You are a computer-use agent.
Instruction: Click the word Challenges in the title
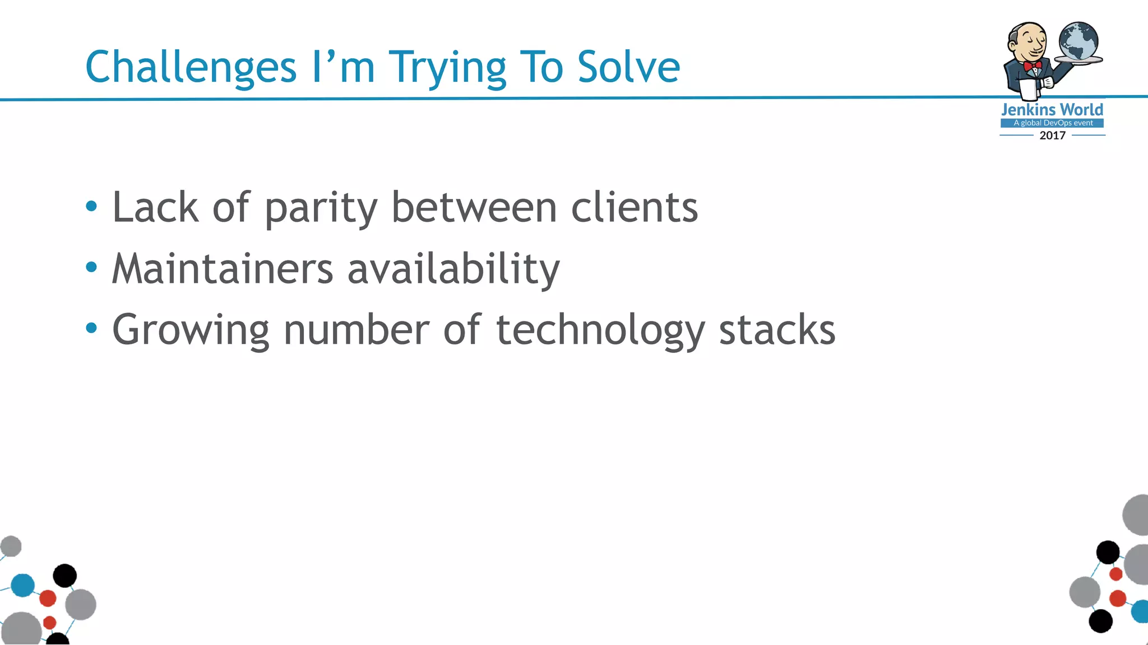(x=191, y=67)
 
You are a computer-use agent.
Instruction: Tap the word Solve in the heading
(x=628, y=67)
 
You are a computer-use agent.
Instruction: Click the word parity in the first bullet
(x=321, y=208)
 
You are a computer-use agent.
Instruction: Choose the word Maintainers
(x=223, y=269)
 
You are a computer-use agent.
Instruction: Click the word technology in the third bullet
(x=600, y=330)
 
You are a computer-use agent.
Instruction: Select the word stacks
(x=777, y=330)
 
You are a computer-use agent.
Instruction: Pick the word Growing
(x=191, y=330)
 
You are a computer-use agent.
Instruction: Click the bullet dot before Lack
(x=91, y=207)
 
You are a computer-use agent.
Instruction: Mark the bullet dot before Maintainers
(x=91, y=268)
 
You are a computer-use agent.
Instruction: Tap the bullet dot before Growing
(x=91, y=328)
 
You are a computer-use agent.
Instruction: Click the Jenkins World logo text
(x=1052, y=110)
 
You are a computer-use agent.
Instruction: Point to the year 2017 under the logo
(x=1052, y=135)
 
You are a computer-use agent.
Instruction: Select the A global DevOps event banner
(x=1052, y=123)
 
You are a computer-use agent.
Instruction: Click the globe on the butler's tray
(x=1078, y=41)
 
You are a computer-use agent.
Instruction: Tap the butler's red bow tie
(x=1032, y=66)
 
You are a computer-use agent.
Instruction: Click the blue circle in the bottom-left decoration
(x=23, y=585)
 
